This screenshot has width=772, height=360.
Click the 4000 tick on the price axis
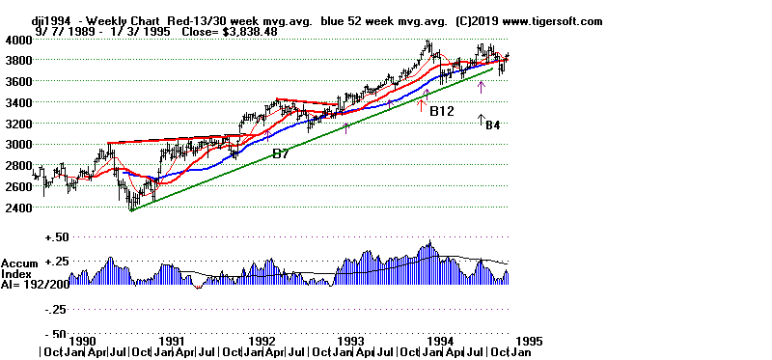click(17, 40)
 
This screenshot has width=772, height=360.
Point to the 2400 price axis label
click(17, 208)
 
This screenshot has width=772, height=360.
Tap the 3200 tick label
click(17, 124)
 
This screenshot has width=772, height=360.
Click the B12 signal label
click(442, 112)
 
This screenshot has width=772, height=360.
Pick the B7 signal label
click(281, 153)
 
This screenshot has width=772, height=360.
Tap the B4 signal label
click(492, 125)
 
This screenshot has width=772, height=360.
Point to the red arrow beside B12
click(421, 104)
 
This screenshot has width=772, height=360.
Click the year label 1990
click(82, 341)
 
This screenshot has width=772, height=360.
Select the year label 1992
click(262, 341)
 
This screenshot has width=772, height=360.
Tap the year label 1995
click(530, 341)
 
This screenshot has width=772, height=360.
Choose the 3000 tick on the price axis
click(17, 145)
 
